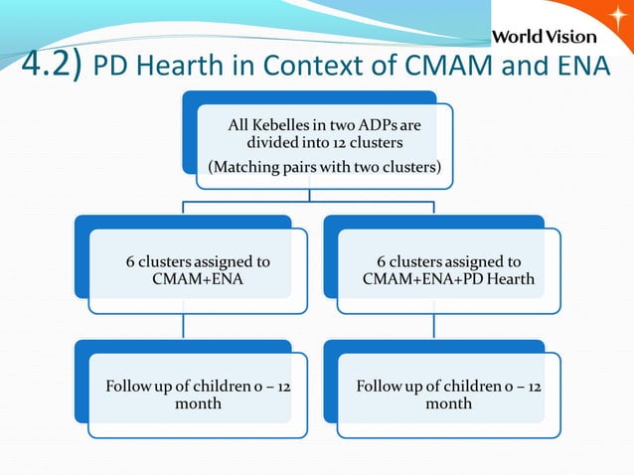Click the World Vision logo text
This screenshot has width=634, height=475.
coord(545,37)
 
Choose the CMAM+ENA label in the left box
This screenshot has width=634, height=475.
coord(198,279)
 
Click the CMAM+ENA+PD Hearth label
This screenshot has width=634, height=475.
coord(448,279)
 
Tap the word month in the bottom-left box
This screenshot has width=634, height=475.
coord(198,403)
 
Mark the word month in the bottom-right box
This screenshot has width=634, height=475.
coord(448,403)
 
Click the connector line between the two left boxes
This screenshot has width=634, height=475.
coord(184,319)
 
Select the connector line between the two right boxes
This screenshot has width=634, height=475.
coord(434,319)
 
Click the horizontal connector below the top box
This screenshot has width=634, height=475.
coord(308,204)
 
